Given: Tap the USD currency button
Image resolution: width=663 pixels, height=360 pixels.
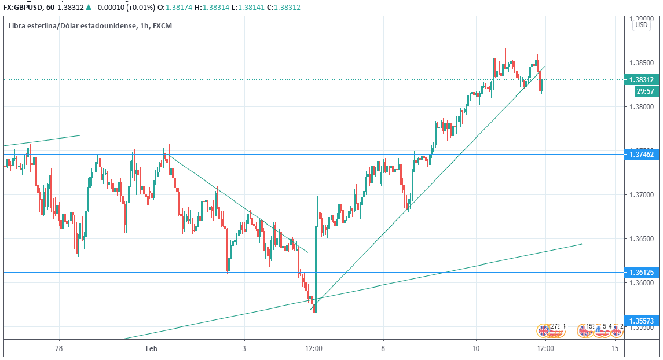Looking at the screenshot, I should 642,25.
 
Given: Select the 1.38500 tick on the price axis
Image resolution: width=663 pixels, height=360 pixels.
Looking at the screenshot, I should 642,63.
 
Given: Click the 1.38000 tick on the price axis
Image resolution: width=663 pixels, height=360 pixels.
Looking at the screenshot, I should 642,107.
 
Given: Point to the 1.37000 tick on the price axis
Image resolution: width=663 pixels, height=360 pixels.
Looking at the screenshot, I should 642,195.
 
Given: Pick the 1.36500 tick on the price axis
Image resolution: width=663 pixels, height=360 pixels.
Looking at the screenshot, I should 642,239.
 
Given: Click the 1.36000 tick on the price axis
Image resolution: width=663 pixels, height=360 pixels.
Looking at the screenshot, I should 642,283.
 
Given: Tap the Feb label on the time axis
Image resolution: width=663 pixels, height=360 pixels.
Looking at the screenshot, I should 152,348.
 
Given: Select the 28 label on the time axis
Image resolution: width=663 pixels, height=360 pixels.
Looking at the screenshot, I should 58,348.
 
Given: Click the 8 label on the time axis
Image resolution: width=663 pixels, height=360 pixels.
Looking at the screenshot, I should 383,348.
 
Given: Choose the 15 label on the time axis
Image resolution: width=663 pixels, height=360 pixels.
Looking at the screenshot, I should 615,348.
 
